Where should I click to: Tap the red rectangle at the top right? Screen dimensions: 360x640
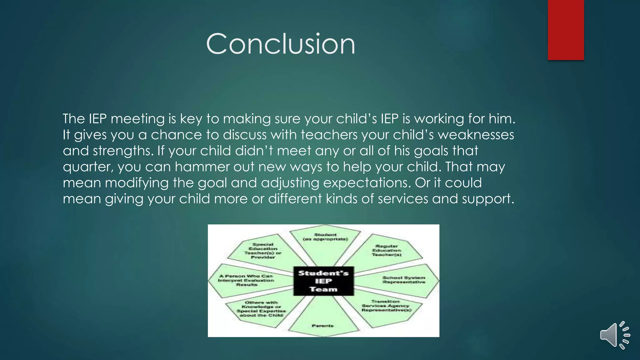[566, 30]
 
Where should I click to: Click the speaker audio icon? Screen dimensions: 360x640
[614, 335]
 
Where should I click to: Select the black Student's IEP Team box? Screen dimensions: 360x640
[323, 281]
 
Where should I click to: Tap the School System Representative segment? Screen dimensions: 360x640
[403, 280]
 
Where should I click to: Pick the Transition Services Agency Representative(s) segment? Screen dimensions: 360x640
[387, 306]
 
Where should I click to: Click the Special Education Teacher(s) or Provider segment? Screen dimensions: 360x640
[263, 251]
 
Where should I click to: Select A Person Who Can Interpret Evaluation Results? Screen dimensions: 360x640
[246, 280]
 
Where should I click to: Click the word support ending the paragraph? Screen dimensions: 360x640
[487, 199]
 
